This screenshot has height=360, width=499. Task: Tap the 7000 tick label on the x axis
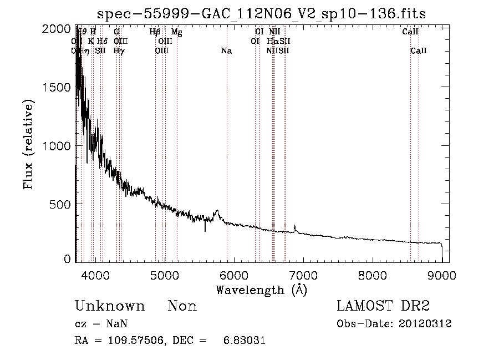tap(303, 273)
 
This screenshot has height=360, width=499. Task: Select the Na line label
tap(226, 51)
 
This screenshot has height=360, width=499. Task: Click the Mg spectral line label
tap(176, 32)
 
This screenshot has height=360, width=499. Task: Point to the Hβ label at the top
tap(155, 32)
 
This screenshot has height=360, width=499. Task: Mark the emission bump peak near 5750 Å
tap(217, 211)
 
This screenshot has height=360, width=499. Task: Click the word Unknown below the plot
tap(110, 306)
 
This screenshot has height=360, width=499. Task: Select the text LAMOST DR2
tap(383, 306)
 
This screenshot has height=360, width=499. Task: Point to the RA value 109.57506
tap(140, 341)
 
